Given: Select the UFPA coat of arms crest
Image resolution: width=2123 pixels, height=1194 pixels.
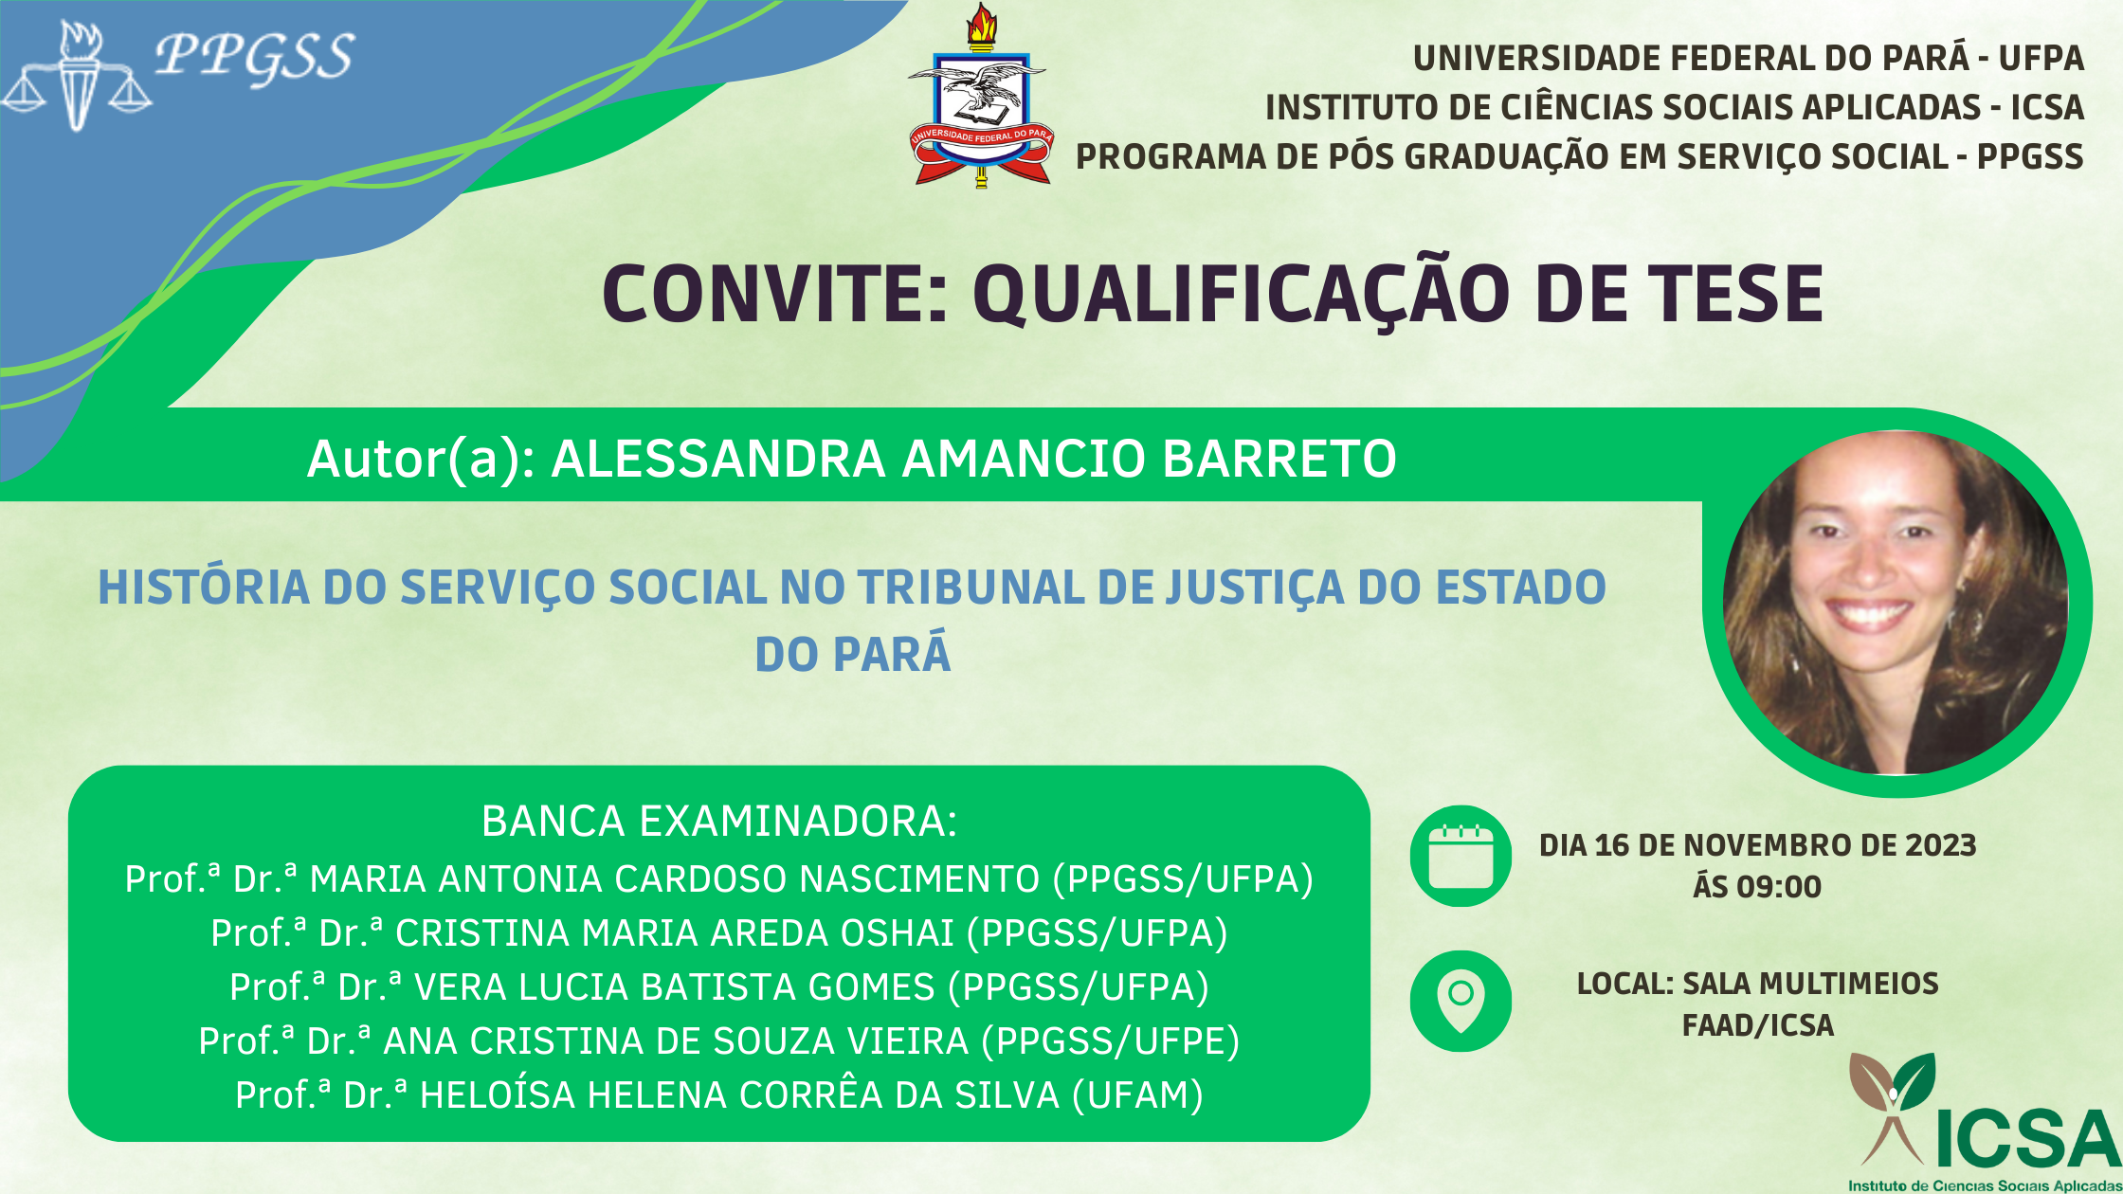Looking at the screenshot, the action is (981, 95).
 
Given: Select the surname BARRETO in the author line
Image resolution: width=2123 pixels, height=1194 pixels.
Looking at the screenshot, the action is (1279, 459).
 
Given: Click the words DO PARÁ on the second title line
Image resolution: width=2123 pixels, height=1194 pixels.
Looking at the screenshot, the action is (853, 654).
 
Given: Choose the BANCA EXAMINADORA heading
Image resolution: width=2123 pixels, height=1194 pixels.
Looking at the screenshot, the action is (719, 821).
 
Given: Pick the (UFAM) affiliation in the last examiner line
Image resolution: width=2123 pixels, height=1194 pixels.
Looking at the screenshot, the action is (1137, 1095).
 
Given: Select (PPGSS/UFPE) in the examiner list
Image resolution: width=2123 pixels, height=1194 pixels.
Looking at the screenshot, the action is (1111, 1041).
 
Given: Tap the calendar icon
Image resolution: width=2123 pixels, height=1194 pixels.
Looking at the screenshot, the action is (1461, 857).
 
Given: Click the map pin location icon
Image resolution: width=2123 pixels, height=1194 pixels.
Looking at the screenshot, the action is (1461, 1002).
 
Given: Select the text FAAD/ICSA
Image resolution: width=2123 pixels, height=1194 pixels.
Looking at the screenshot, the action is (1758, 1025).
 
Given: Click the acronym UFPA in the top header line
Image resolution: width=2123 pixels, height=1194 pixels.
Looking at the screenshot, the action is (2041, 59).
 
